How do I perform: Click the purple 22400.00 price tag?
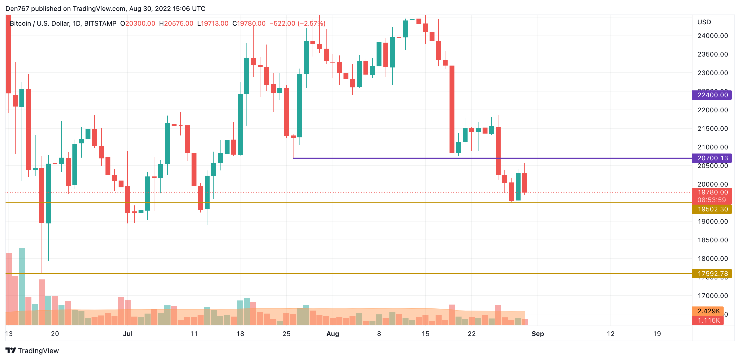point(712,95)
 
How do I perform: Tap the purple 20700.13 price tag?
point(712,158)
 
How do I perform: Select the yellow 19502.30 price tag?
point(712,209)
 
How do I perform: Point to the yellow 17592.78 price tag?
point(712,274)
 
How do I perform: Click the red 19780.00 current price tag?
point(712,192)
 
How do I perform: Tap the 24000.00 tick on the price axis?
point(712,36)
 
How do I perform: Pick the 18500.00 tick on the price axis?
point(712,240)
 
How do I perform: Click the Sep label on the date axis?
point(538,334)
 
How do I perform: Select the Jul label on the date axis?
point(128,334)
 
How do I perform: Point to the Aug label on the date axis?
point(333,334)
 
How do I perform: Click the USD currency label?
point(704,22)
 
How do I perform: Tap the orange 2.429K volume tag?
point(708,311)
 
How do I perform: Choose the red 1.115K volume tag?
point(708,320)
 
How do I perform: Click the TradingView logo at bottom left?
point(32,350)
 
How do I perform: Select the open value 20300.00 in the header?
point(140,23)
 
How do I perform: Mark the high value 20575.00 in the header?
point(178,23)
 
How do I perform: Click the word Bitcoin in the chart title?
point(20,23)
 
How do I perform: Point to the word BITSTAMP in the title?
point(100,23)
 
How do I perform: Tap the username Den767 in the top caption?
point(17,9)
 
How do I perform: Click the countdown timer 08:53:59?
point(712,200)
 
